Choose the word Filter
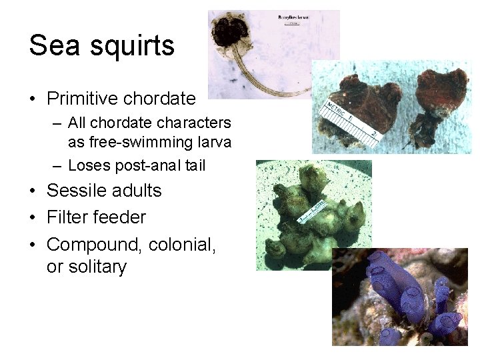tap(67, 217)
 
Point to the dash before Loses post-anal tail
tap(57, 165)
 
